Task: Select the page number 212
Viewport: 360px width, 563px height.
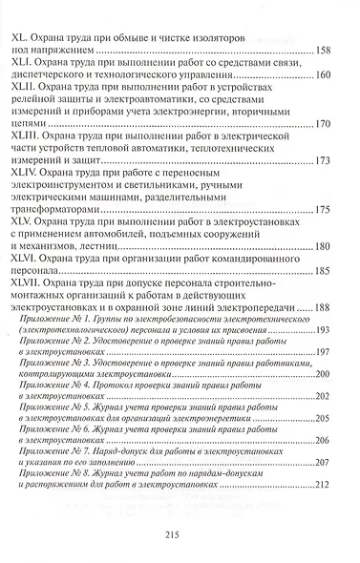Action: [x=322, y=485]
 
